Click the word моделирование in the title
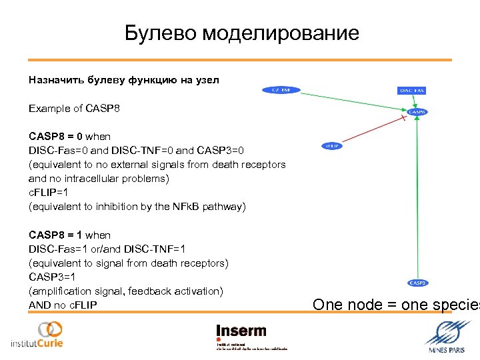[281, 33]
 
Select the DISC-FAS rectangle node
[412, 90]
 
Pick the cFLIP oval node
[332, 145]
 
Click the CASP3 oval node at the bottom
[418, 283]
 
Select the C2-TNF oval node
[281, 89]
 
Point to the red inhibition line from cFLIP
[373, 131]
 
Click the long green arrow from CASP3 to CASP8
[417, 200]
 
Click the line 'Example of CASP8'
[74, 108]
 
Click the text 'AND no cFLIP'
[63, 305]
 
